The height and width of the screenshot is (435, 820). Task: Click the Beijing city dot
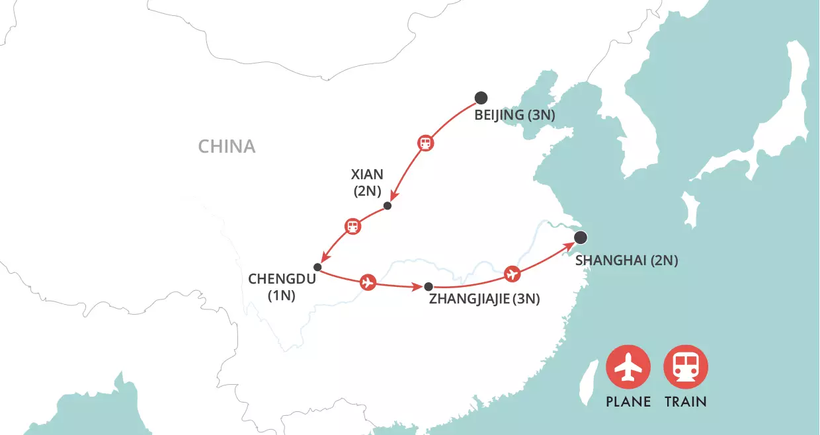[x=481, y=98]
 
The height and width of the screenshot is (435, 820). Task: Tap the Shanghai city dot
[x=581, y=238]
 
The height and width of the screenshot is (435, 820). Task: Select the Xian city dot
[x=388, y=206]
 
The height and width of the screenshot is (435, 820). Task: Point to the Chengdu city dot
[x=317, y=267]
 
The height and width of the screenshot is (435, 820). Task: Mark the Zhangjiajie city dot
[x=429, y=287]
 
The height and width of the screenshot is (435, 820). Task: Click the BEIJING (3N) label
[x=514, y=116]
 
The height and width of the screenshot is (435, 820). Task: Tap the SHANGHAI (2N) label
[x=626, y=260]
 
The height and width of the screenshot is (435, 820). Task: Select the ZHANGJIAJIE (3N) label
[x=485, y=299]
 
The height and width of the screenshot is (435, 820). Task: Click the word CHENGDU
[x=278, y=278]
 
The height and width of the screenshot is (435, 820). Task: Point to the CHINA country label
[x=227, y=146]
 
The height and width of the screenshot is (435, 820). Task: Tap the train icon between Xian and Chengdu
[x=354, y=227]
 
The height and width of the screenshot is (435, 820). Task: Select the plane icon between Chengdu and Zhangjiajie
[x=368, y=283]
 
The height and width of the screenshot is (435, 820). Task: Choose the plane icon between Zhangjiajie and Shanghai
[x=511, y=273]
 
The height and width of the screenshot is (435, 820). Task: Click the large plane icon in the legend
[x=628, y=368]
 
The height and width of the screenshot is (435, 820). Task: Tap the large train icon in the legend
[x=686, y=368]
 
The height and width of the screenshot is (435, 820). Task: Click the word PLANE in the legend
[x=628, y=401]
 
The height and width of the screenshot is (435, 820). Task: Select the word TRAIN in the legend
[x=686, y=401]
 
